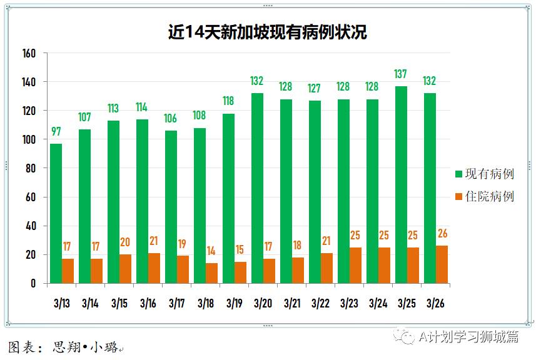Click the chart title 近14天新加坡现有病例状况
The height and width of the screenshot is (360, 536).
(267, 32)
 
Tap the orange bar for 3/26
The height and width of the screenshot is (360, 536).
(442, 264)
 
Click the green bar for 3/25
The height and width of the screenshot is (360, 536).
(401, 185)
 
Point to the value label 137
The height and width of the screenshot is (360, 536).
(401, 74)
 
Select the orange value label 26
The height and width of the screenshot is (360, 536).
(443, 234)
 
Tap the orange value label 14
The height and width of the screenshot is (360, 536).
(212, 251)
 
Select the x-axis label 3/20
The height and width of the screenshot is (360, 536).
(263, 303)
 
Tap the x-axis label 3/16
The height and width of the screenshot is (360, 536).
(148, 303)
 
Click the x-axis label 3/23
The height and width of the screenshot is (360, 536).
(350, 303)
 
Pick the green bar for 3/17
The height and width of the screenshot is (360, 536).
(171, 207)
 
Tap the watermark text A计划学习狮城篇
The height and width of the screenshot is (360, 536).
(468, 337)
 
